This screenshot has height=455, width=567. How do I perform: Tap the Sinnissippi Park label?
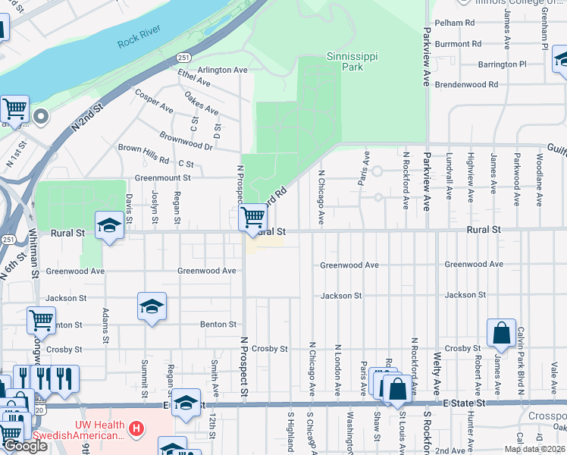[x=351, y=61]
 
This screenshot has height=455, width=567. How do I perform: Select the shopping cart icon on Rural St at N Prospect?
[x=252, y=218]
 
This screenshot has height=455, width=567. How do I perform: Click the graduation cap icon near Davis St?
[x=110, y=226]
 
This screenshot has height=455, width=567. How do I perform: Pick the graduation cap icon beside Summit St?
[x=152, y=306]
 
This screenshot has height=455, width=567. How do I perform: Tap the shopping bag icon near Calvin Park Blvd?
[x=501, y=333]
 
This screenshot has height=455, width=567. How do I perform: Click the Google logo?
[x=24, y=446]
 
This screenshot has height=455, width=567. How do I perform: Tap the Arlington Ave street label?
[x=223, y=70]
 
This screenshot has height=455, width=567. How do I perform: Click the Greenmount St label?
[x=162, y=177]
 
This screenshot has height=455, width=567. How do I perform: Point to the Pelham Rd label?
[x=455, y=23]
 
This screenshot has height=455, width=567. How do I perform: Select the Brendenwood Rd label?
[x=466, y=85]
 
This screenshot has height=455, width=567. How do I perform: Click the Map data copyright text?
[x=534, y=449]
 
